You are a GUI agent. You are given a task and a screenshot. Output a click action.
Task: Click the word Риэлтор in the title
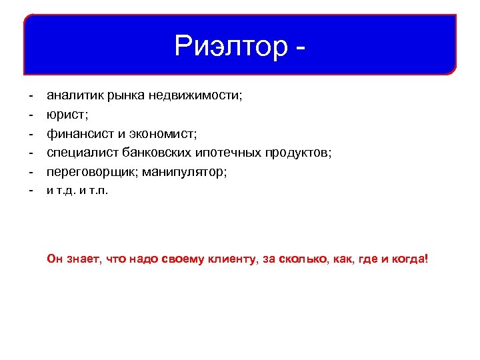pos(228,46)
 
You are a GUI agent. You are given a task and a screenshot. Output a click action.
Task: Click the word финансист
pos(75,133)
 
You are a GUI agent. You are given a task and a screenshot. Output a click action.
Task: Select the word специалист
pos(78,153)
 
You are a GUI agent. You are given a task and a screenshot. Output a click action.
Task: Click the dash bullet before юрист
pos(30,115)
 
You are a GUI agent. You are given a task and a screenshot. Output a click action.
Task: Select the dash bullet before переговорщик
pos(30,172)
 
